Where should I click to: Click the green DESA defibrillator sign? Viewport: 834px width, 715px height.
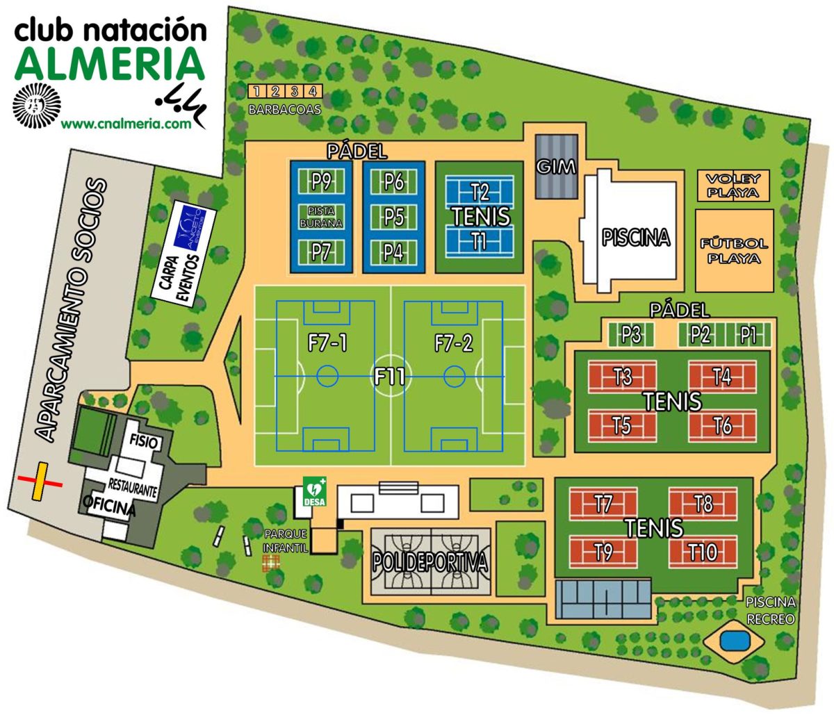click(x=315, y=491)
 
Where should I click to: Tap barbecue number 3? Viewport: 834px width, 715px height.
click(x=293, y=91)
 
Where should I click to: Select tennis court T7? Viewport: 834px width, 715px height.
click(x=603, y=503)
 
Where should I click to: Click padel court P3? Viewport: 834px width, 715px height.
click(x=631, y=335)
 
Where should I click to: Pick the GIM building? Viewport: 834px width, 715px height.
click(x=557, y=167)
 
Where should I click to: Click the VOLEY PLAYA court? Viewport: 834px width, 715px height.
click(x=733, y=186)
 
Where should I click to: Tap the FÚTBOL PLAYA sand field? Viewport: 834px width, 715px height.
click(x=735, y=250)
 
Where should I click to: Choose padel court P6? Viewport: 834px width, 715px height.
click(x=394, y=182)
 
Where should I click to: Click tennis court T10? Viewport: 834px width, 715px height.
click(x=703, y=552)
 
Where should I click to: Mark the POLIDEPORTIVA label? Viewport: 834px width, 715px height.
click(x=430, y=563)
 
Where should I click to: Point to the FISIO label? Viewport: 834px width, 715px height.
click(x=144, y=442)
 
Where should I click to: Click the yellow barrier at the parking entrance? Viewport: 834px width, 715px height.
click(x=40, y=481)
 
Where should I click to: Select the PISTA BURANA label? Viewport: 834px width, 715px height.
click(x=320, y=216)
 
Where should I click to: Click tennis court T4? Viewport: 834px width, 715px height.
click(x=722, y=377)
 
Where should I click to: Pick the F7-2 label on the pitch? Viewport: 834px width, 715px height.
click(x=453, y=343)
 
